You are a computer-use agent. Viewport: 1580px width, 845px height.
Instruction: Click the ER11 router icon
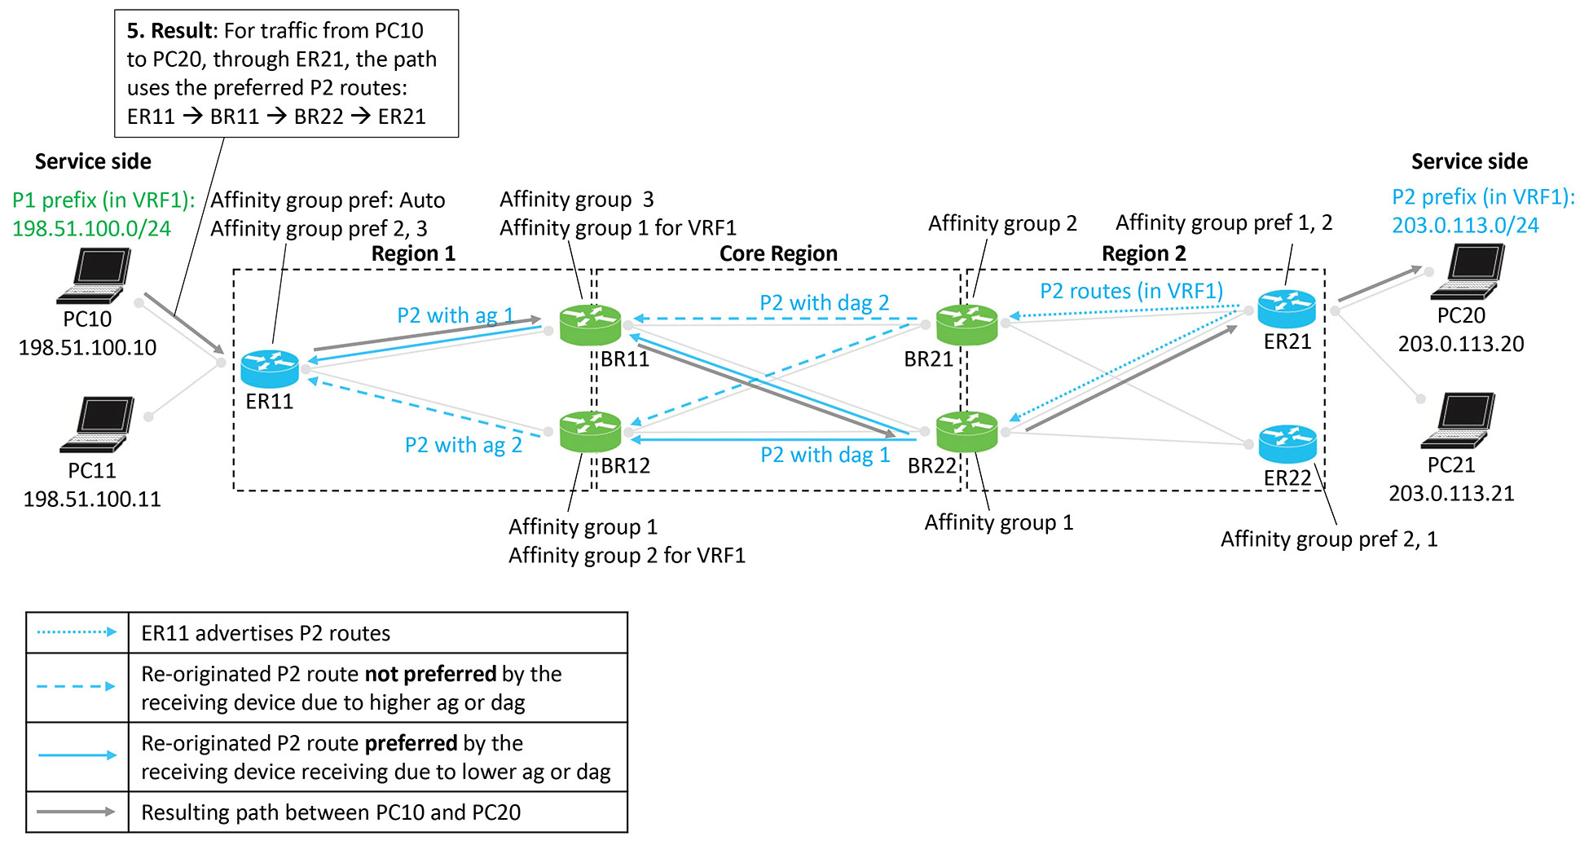tap(270, 368)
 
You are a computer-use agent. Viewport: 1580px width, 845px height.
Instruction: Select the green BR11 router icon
tap(591, 324)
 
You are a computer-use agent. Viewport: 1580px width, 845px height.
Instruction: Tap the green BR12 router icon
tap(591, 431)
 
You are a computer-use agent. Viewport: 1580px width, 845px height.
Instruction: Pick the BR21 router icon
tap(966, 324)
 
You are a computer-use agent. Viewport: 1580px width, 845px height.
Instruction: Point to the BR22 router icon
tap(966, 431)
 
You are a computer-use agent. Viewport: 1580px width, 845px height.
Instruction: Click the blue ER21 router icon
tap(1287, 310)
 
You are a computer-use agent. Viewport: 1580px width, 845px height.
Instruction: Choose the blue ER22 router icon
tap(1287, 444)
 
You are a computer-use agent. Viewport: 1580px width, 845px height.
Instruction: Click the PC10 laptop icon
tap(95, 276)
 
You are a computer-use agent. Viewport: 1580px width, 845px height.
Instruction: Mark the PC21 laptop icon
tap(1459, 420)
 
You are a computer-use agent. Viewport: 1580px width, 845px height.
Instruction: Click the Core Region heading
tap(778, 253)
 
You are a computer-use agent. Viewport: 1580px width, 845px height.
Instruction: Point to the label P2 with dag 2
tap(824, 303)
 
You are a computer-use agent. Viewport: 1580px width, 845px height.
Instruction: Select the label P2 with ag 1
tap(455, 315)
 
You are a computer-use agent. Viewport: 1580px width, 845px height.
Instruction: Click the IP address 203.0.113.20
tap(1461, 344)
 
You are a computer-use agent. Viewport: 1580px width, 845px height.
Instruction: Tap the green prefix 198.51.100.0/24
tap(91, 228)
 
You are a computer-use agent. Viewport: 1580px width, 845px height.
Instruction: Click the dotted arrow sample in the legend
tap(77, 632)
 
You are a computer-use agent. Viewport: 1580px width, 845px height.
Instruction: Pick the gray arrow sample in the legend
tap(77, 812)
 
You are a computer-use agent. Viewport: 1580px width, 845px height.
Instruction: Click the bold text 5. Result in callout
tap(169, 31)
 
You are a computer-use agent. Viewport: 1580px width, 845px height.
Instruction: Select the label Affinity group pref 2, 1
tap(1328, 539)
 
